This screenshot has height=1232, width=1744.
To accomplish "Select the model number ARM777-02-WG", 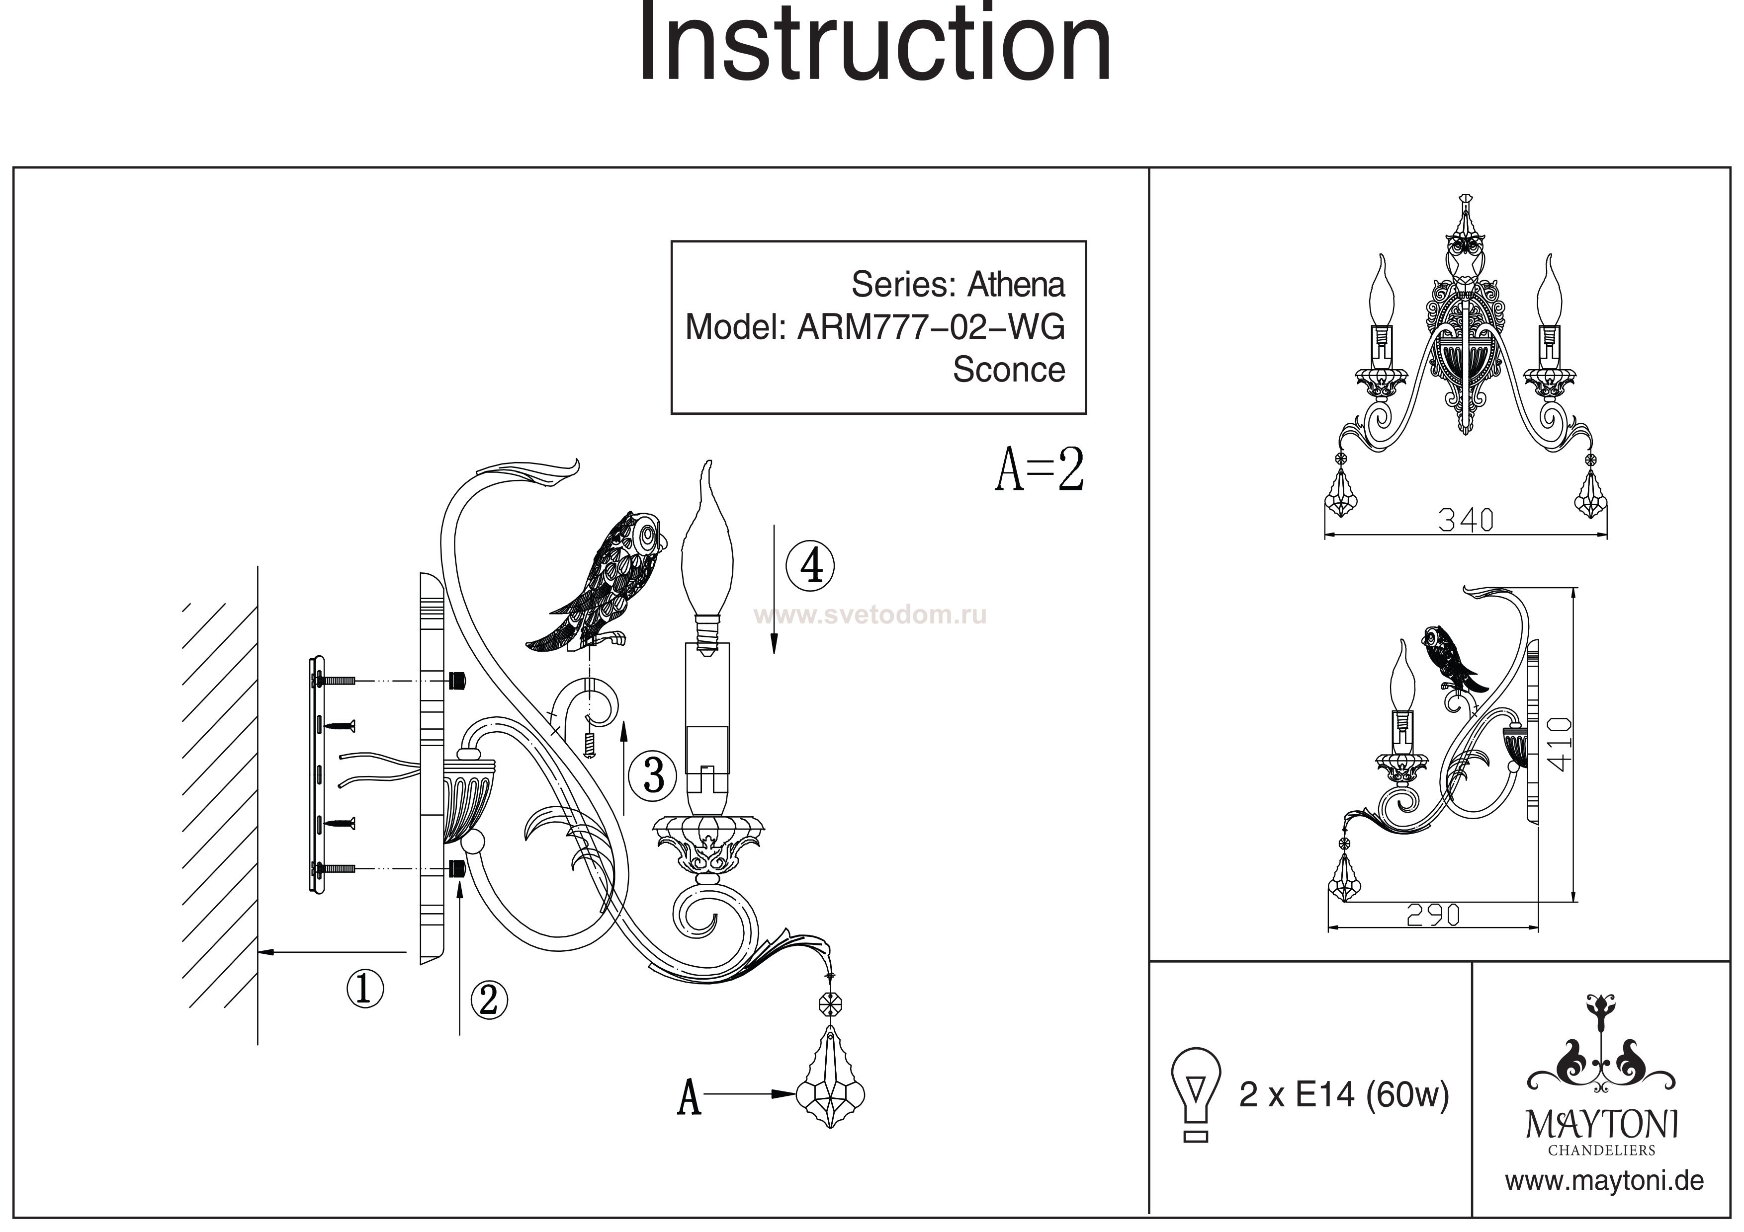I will pyautogui.click(x=931, y=327).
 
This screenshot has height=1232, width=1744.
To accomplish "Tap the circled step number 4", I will pyautogui.click(x=810, y=566).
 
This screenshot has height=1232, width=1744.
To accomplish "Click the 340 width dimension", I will pyautogui.click(x=1465, y=520).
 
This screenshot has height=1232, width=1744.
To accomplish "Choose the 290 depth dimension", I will pyautogui.click(x=1433, y=916).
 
